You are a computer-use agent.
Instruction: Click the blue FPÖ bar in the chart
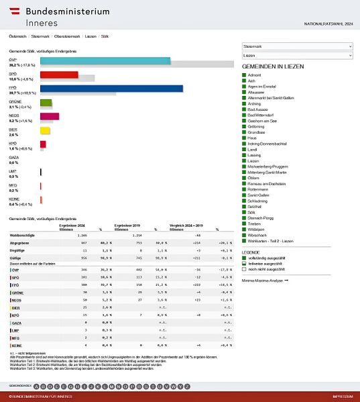coord(111,88)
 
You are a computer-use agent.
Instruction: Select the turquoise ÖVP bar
coord(105,60)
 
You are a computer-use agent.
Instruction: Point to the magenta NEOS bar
coord(50,116)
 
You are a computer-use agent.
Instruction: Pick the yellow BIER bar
coord(45,130)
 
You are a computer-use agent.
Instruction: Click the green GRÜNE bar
coord(46,102)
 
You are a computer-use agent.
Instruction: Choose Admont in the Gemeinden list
coord(255,77)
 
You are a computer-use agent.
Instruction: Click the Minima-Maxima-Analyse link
coord(265,280)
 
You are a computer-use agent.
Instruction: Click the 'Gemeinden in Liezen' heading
coord(281,68)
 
